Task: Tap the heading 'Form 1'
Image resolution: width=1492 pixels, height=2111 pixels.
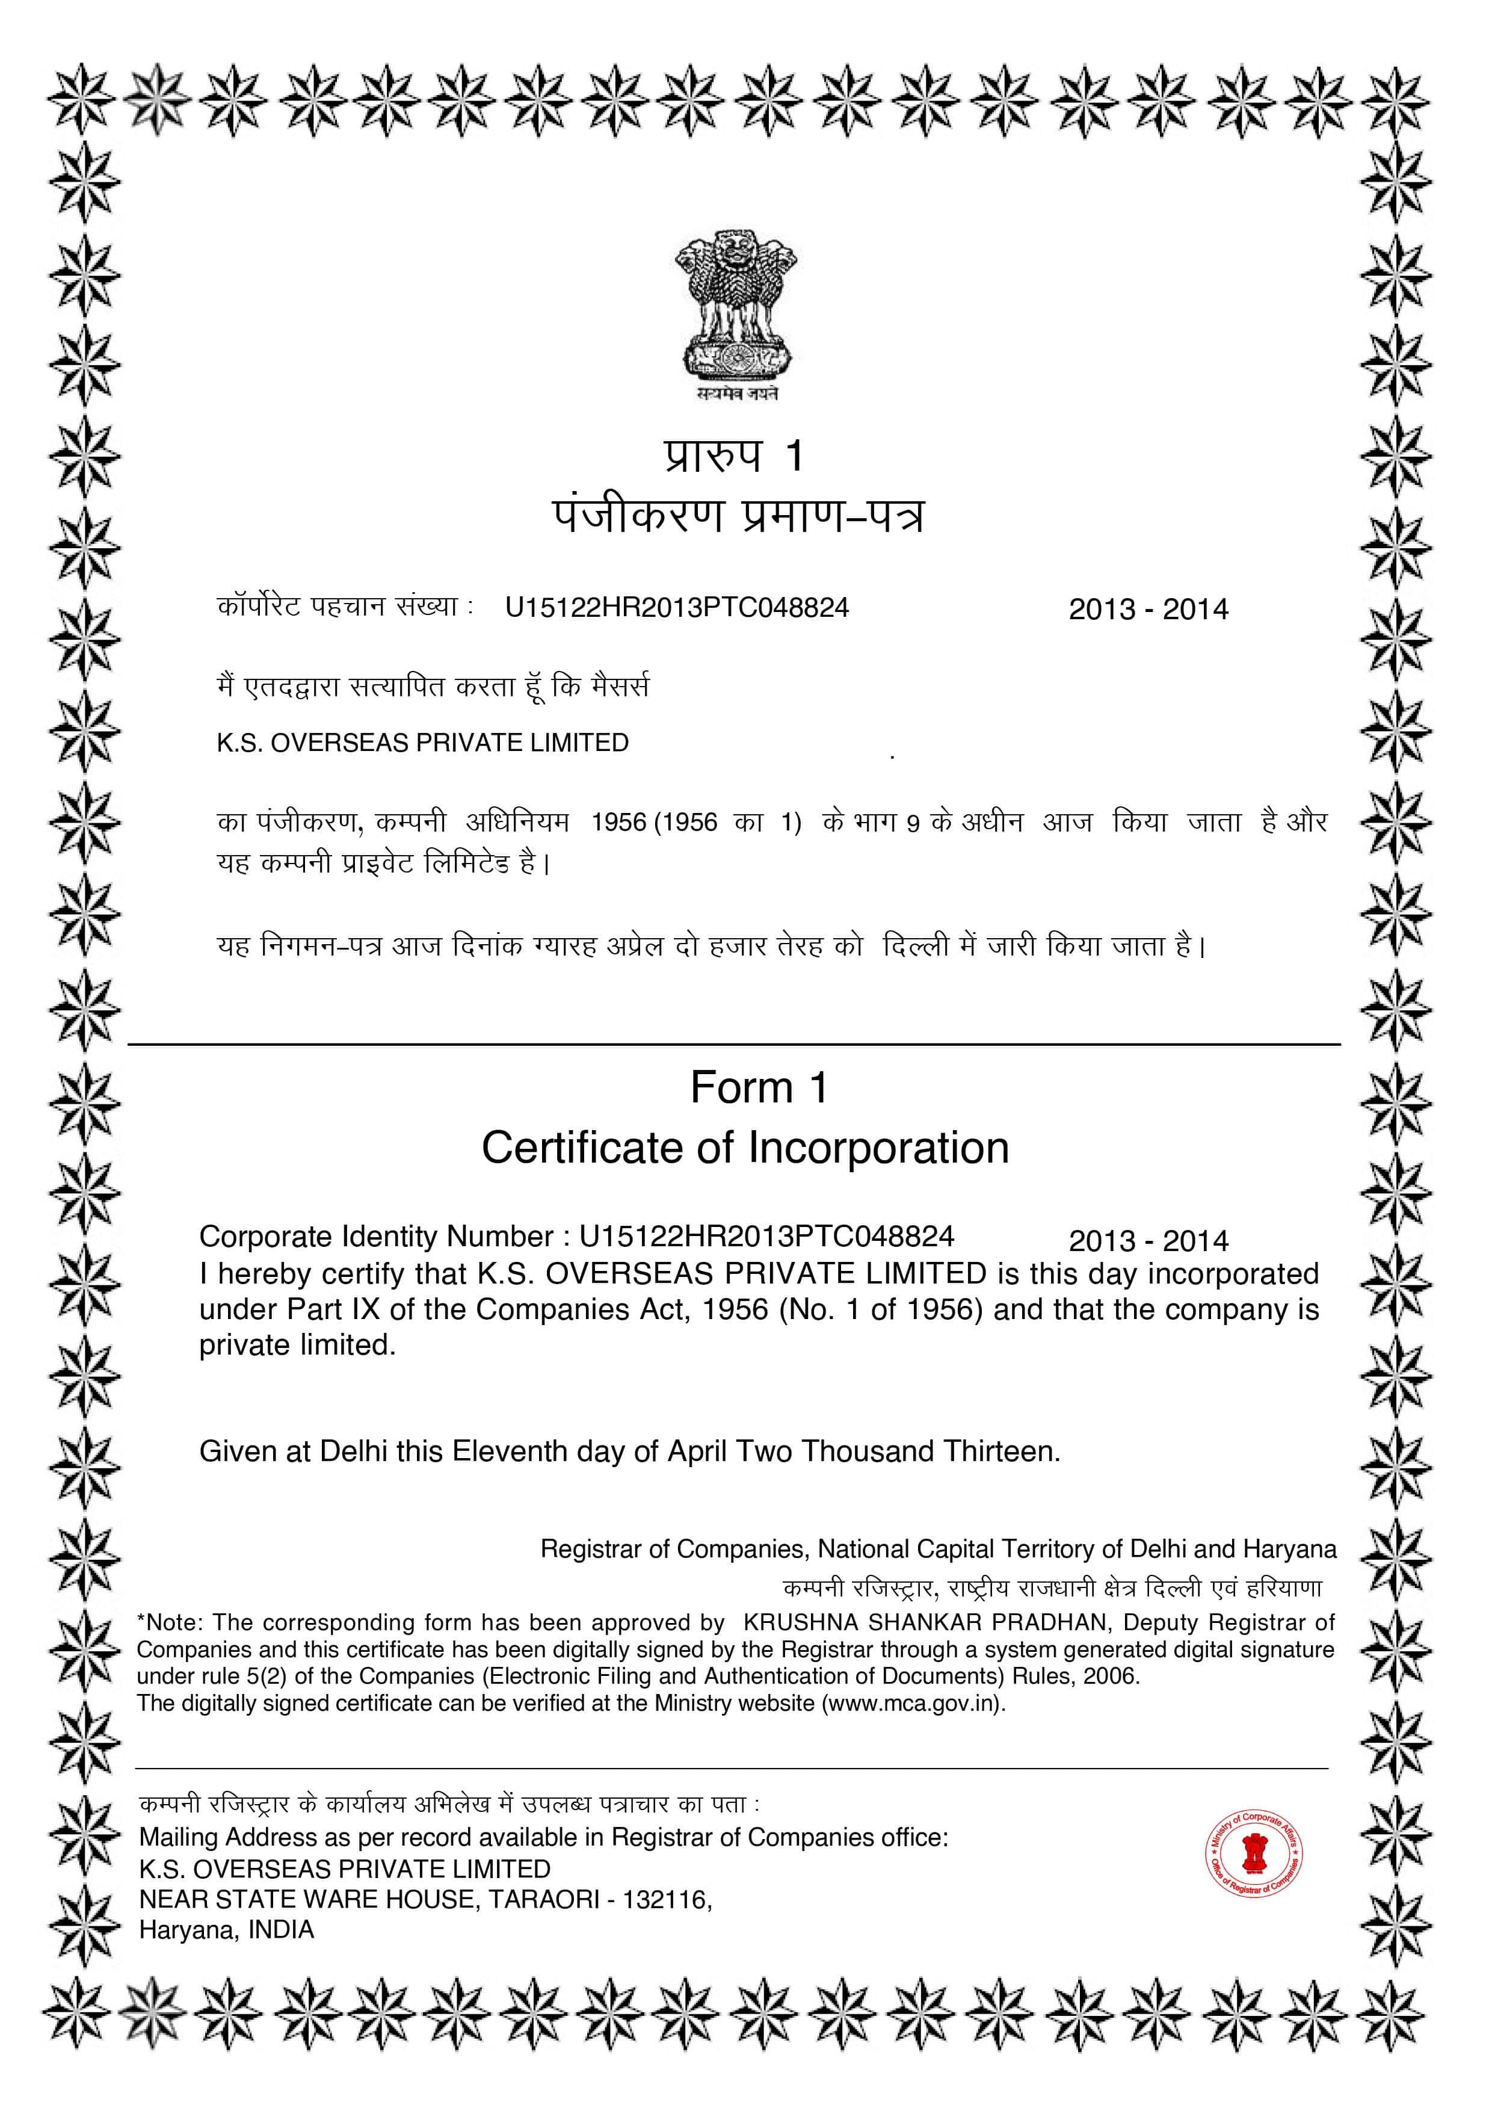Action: (x=759, y=1087)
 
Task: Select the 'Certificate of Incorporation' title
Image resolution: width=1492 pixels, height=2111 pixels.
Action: (x=745, y=1148)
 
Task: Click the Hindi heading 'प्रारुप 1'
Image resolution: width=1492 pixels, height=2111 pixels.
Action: (x=735, y=455)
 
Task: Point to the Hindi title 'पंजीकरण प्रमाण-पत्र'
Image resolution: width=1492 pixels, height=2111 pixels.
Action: (x=738, y=517)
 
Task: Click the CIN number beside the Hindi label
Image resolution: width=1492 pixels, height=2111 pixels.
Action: (x=677, y=608)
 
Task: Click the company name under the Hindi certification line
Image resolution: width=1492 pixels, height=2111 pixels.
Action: (x=422, y=743)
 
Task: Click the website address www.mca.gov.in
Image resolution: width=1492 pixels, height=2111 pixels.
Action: (x=910, y=1703)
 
